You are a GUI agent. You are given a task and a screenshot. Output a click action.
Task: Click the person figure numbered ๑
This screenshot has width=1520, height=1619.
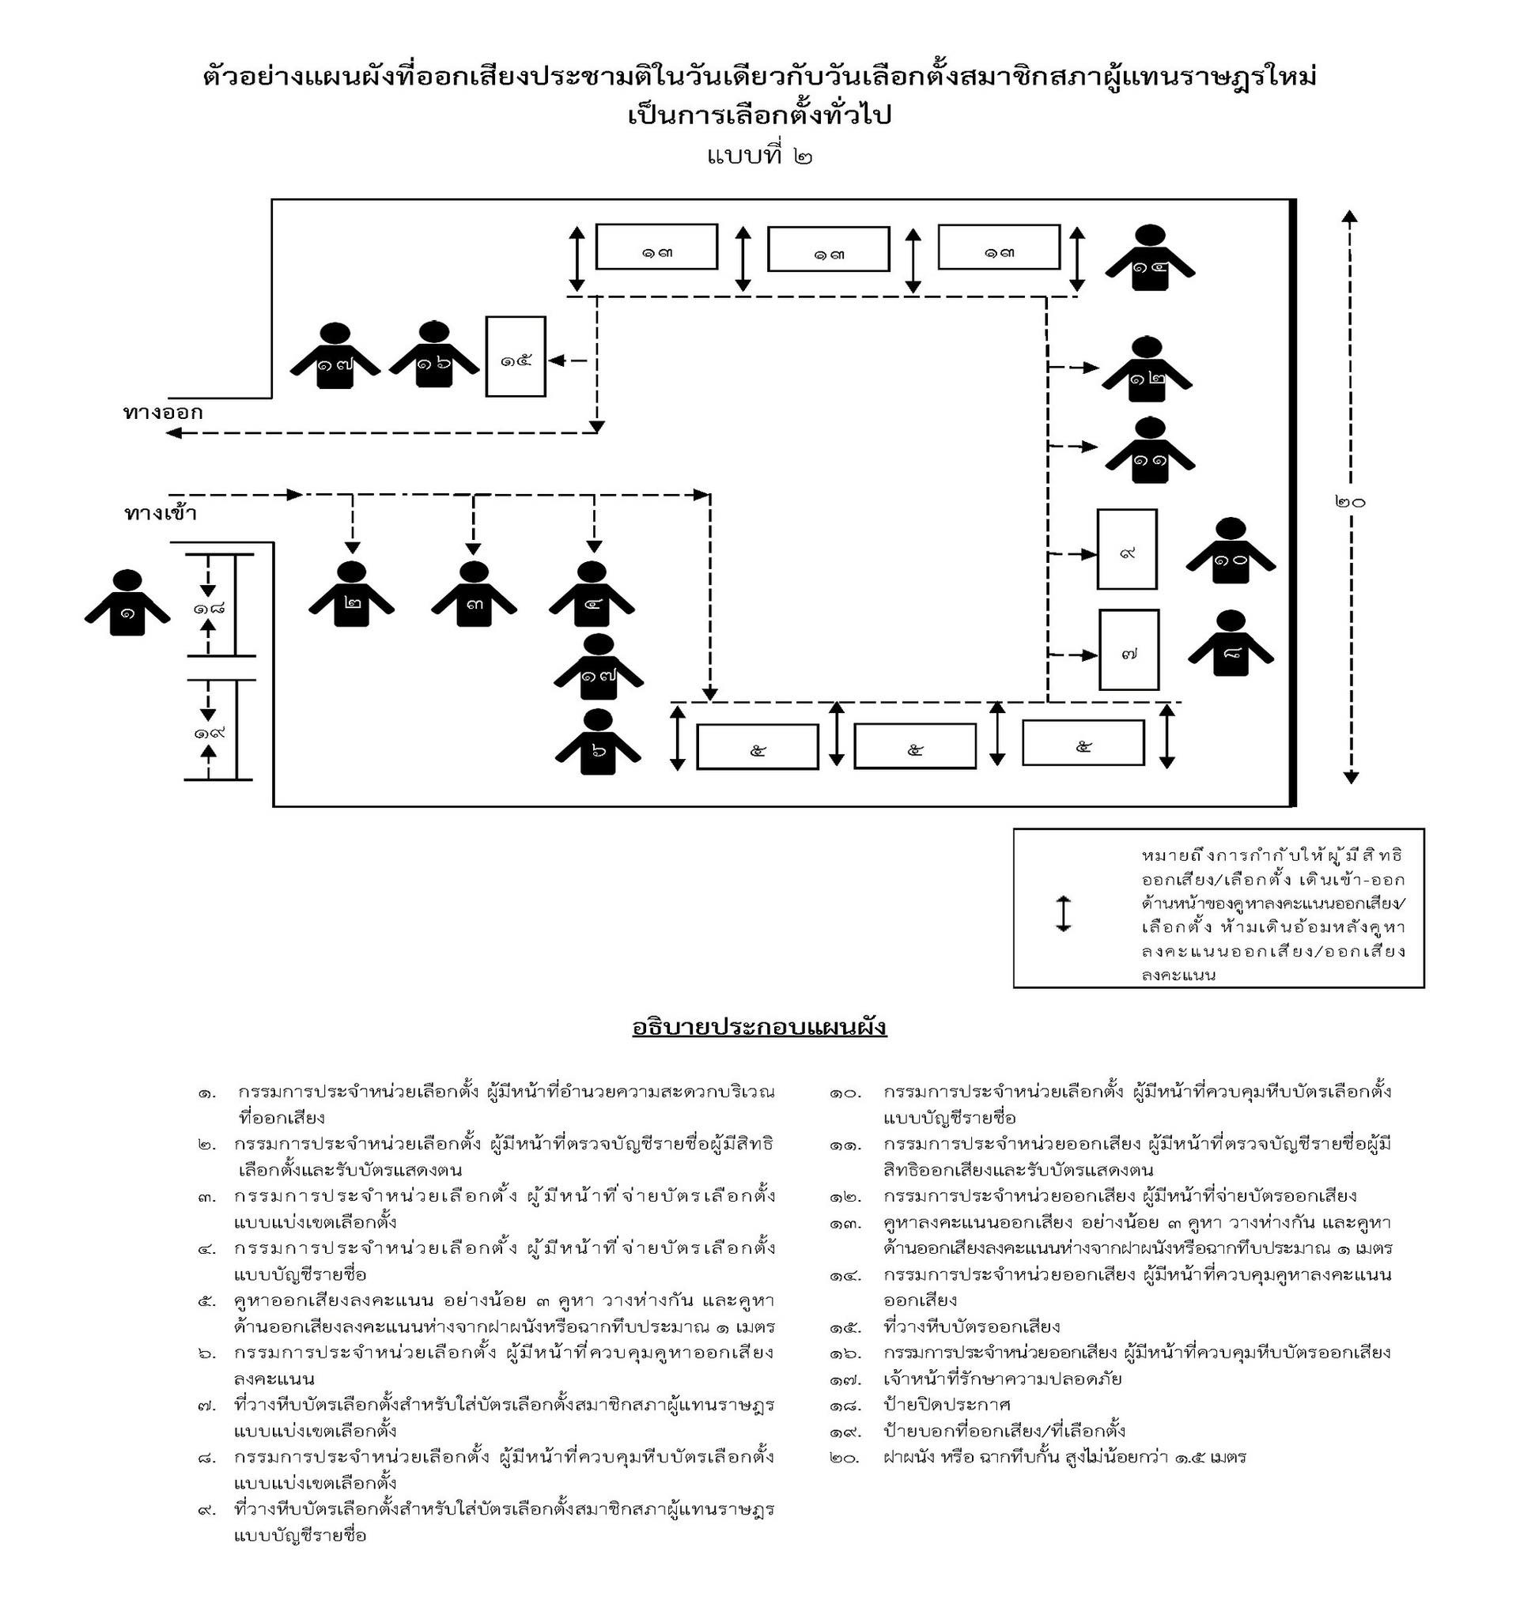pos(127,604)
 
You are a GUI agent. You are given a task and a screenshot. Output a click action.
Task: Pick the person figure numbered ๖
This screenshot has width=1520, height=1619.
pos(598,744)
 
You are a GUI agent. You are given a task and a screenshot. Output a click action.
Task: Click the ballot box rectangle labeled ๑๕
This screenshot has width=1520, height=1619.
pos(516,357)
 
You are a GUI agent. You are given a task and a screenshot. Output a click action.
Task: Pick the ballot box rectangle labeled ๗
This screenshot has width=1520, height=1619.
pos(1129,650)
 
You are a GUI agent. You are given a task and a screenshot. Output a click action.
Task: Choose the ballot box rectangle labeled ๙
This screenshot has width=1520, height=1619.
pos(1127,549)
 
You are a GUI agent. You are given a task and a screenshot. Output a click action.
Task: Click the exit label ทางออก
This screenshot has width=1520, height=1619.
pos(163,412)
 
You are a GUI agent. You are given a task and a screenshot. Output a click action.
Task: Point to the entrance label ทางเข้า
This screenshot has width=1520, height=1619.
pos(161,513)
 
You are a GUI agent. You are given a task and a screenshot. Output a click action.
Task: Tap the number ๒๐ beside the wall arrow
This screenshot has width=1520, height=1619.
pos(1350,501)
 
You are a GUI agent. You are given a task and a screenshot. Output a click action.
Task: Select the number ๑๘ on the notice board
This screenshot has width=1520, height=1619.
pos(210,608)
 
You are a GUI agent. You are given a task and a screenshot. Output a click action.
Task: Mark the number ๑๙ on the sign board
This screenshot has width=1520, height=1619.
pos(210,732)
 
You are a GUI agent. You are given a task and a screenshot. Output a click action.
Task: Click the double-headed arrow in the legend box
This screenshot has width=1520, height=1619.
pos(1063,913)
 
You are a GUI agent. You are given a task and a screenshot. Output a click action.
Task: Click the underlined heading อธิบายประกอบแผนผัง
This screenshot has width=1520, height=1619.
pos(759,1028)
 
